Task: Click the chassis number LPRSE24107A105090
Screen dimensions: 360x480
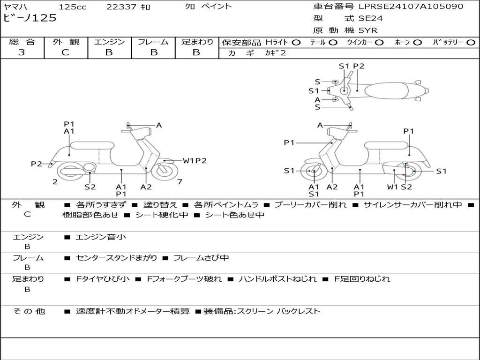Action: [x=411, y=7]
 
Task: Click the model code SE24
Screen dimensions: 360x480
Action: [x=370, y=19]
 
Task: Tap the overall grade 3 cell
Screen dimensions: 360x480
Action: [x=22, y=52]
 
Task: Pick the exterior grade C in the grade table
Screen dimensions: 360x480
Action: [x=65, y=52]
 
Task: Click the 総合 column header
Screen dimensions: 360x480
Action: [x=22, y=42]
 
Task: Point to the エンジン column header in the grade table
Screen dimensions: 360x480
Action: [x=109, y=42]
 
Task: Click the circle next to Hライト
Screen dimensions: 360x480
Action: [x=296, y=43]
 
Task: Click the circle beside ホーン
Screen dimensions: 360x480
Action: [x=418, y=43]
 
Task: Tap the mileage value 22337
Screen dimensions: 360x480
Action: [x=121, y=7]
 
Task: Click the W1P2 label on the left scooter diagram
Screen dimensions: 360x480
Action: [x=195, y=161]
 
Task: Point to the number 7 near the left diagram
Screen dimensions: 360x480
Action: [x=180, y=181]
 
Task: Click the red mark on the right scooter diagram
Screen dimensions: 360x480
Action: [x=403, y=175]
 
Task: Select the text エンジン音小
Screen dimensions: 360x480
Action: [x=101, y=237]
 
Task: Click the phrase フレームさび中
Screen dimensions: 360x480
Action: [x=201, y=258]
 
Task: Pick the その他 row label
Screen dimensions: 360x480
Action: [x=29, y=311]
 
